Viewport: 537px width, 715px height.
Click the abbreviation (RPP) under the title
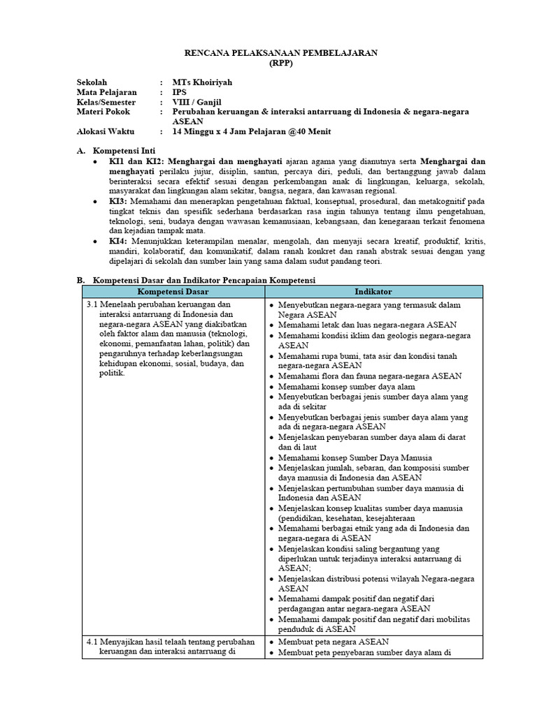[x=268, y=62]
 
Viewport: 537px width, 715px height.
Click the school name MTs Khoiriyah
[x=202, y=82]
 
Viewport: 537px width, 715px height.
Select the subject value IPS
[x=180, y=92]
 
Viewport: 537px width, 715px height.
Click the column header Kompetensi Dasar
[x=172, y=291]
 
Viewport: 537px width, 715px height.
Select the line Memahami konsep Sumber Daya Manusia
[x=357, y=457]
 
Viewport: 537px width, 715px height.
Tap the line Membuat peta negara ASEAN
[x=333, y=641]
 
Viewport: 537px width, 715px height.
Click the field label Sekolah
[x=92, y=82]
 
